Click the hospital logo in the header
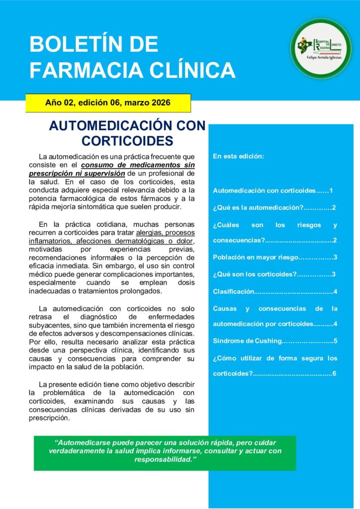(x=321, y=48)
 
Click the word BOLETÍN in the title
(x=93, y=45)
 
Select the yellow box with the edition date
(x=108, y=103)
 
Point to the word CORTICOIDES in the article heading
(x=127, y=140)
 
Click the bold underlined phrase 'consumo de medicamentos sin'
(x=138, y=165)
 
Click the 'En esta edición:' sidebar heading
(x=238, y=156)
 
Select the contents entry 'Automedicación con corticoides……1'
(x=272, y=190)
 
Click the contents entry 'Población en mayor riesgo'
(x=275, y=257)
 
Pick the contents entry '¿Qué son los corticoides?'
(x=274, y=274)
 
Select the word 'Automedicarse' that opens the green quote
(x=81, y=442)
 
